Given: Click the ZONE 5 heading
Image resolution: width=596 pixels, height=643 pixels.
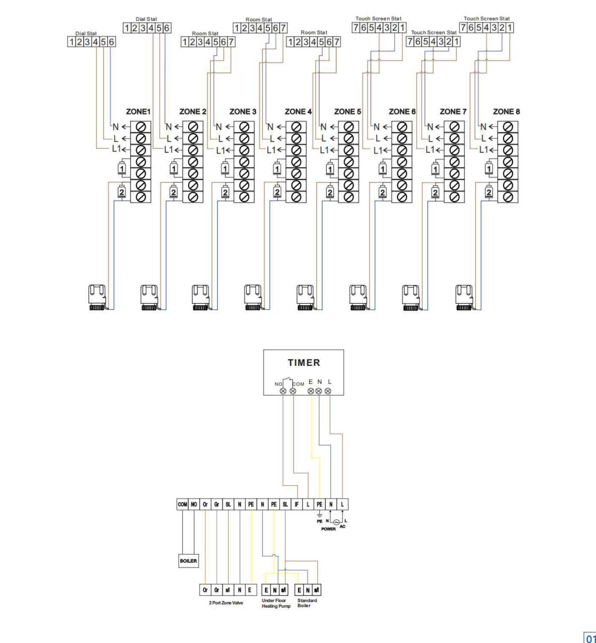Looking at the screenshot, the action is click(347, 112).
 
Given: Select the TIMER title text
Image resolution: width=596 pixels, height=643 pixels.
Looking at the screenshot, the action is click(304, 362).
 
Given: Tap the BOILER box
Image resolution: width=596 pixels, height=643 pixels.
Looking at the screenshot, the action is click(188, 561).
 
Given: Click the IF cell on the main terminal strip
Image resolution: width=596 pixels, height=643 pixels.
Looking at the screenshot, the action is click(297, 504).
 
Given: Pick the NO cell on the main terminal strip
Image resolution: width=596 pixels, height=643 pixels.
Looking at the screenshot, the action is click(194, 504).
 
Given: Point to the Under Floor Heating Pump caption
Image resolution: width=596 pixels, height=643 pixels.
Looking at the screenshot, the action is click(276, 603).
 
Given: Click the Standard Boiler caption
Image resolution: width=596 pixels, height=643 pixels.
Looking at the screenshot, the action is click(307, 603).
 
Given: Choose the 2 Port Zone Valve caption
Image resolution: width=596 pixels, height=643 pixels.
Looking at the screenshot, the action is click(226, 603).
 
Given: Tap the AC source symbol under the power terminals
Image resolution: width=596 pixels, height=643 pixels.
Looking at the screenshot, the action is click(336, 522).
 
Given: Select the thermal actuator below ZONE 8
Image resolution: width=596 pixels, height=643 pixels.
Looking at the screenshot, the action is click(465, 297).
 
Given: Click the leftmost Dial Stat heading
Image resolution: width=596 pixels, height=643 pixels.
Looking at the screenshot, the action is click(86, 33).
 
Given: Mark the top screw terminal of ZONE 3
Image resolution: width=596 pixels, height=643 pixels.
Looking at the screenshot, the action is click(244, 127).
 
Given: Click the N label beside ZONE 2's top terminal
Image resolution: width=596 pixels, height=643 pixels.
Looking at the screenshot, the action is click(169, 127).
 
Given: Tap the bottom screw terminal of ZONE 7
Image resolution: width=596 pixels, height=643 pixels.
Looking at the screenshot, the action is click(454, 197).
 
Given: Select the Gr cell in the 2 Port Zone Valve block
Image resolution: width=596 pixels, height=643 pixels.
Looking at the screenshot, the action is click(216, 590).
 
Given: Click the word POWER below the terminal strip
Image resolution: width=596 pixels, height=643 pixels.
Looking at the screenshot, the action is click(328, 529).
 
